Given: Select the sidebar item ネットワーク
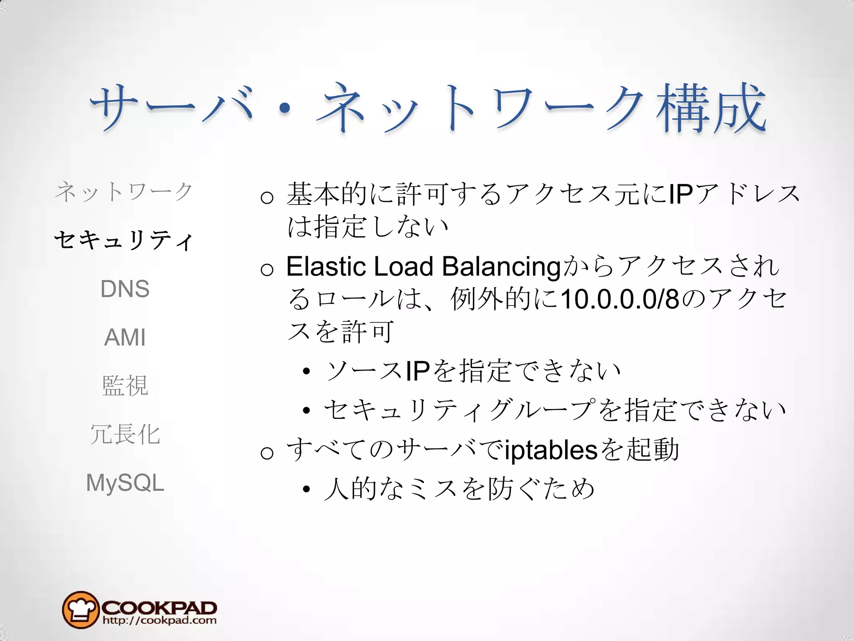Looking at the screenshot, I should [x=124, y=192].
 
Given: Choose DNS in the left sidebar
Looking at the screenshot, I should [x=125, y=289].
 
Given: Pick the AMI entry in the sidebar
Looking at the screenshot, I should [x=125, y=337].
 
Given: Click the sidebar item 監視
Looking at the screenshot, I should [x=125, y=385].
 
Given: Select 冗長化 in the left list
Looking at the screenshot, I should [x=125, y=434].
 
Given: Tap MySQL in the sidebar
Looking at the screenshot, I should [x=125, y=483].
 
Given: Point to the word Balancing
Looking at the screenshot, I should [x=501, y=267].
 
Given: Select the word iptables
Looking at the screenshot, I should [x=551, y=451].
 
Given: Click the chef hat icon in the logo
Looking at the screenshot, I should [x=80, y=610].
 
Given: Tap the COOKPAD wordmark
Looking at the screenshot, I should [x=159, y=607].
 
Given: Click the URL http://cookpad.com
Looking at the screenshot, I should [x=159, y=621].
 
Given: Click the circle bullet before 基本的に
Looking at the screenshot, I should [x=267, y=197].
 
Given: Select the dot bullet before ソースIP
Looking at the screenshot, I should [x=307, y=371].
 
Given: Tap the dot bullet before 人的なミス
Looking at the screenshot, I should [x=307, y=489].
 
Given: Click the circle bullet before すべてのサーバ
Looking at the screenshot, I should [x=267, y=453].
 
